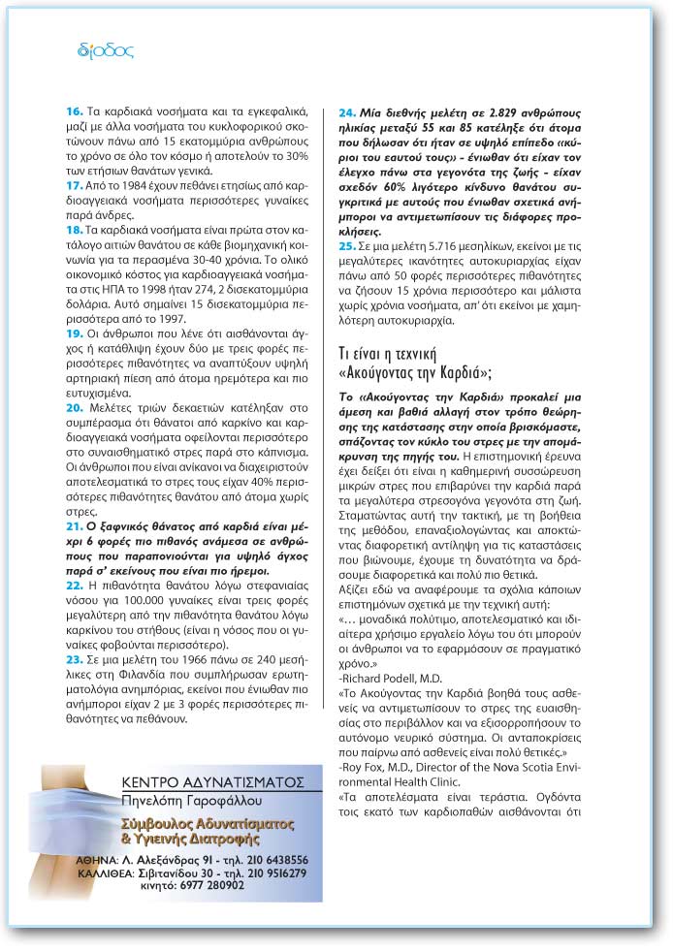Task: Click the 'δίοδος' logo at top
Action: click(105, 51)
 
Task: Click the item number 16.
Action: click(72, 113)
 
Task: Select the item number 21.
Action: click(72, 524)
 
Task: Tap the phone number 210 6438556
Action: click(272, 859)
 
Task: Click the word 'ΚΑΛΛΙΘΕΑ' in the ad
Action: click(105, 872)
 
